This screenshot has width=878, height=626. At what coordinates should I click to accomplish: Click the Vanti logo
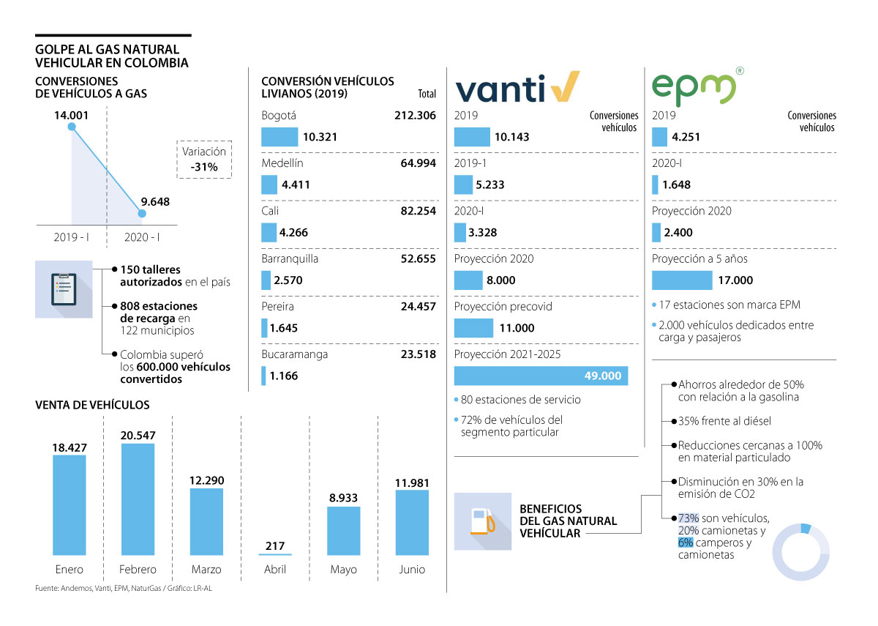point(517,87)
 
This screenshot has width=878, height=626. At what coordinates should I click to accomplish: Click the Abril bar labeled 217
point(275,554)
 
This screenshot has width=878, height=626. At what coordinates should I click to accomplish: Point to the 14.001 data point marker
point(72,127)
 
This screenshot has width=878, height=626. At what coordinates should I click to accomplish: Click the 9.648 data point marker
point(142,214)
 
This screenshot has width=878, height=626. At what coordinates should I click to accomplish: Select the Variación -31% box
point(204,159)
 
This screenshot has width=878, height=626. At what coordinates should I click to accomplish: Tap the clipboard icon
point(64,289)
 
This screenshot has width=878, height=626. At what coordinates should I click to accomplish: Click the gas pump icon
point(482,521)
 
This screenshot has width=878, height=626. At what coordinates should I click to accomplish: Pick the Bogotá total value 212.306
point(413,116)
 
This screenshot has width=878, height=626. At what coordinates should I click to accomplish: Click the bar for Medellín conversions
point(269,185)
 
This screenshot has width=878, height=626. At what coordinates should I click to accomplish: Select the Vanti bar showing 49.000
point(541,376)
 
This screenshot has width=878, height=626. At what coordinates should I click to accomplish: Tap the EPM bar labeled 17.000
point(681,280)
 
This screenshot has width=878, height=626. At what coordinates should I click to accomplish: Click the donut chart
point(801,552)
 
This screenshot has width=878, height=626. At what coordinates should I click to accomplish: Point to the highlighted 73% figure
point(688,518)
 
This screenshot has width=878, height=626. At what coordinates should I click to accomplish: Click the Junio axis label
point(412,570)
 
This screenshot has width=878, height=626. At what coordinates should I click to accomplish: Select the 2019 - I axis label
point(72,237)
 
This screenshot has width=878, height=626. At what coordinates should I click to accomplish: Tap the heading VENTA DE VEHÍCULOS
point(92,405)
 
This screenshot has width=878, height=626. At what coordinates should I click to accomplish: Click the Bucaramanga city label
point(294,354)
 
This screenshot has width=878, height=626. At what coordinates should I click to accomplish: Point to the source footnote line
point(128,589)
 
